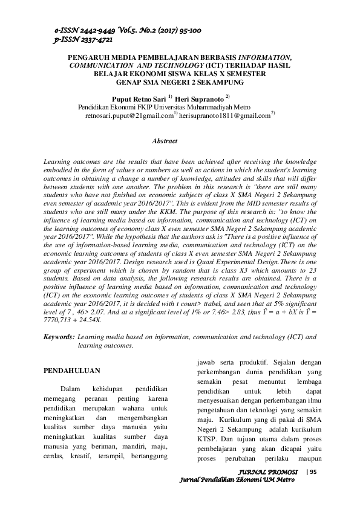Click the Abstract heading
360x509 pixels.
pos(165,141)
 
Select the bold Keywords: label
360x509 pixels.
pos(61,336)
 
